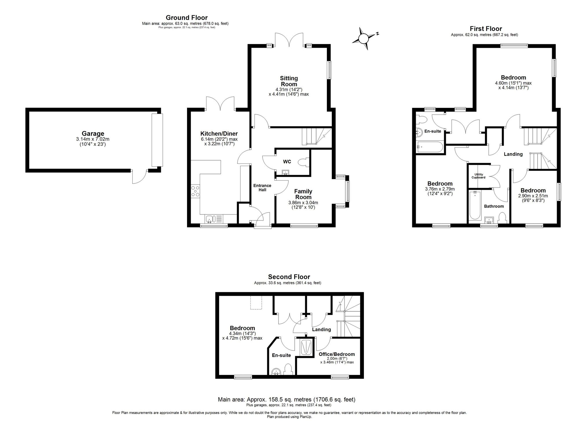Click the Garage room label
pyautogui.click(x=93, y=134)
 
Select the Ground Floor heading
pyautogui.click(x=187, y=18)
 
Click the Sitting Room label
pyautogui.click(x=289, y=81)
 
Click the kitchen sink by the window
pyautogui.click(x=210, y=219)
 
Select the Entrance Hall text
pyautogui.click(x=262, y=187)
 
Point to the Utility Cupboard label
pyautogui.click(x=478, y=176)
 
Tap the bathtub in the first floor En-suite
pyautogui.click(x=430, y=147)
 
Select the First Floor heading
pyautogui.click(x=486, y=29)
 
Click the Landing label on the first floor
pyautogui.click(x=513, y=154)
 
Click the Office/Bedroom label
pyautogui.click(x=337, y=354)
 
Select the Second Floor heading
pyautogui.click(x=289, y=277)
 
